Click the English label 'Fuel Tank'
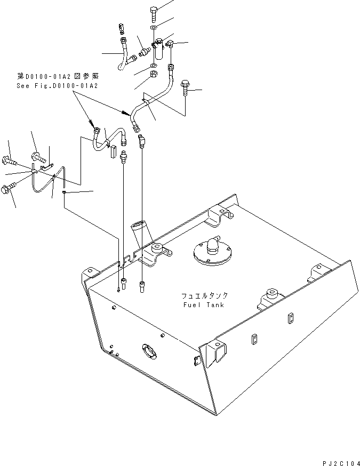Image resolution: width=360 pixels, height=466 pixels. point(202,305)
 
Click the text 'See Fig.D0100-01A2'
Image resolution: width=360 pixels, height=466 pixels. point(58,85)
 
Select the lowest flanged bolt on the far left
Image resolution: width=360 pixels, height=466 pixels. point(9,188)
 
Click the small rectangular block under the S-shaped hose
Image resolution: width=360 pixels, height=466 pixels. point(113,152)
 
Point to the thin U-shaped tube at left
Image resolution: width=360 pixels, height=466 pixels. point(44,181)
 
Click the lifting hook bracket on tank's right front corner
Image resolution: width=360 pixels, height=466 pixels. point(218,352)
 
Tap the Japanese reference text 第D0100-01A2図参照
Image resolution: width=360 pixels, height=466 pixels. point(58,77)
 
